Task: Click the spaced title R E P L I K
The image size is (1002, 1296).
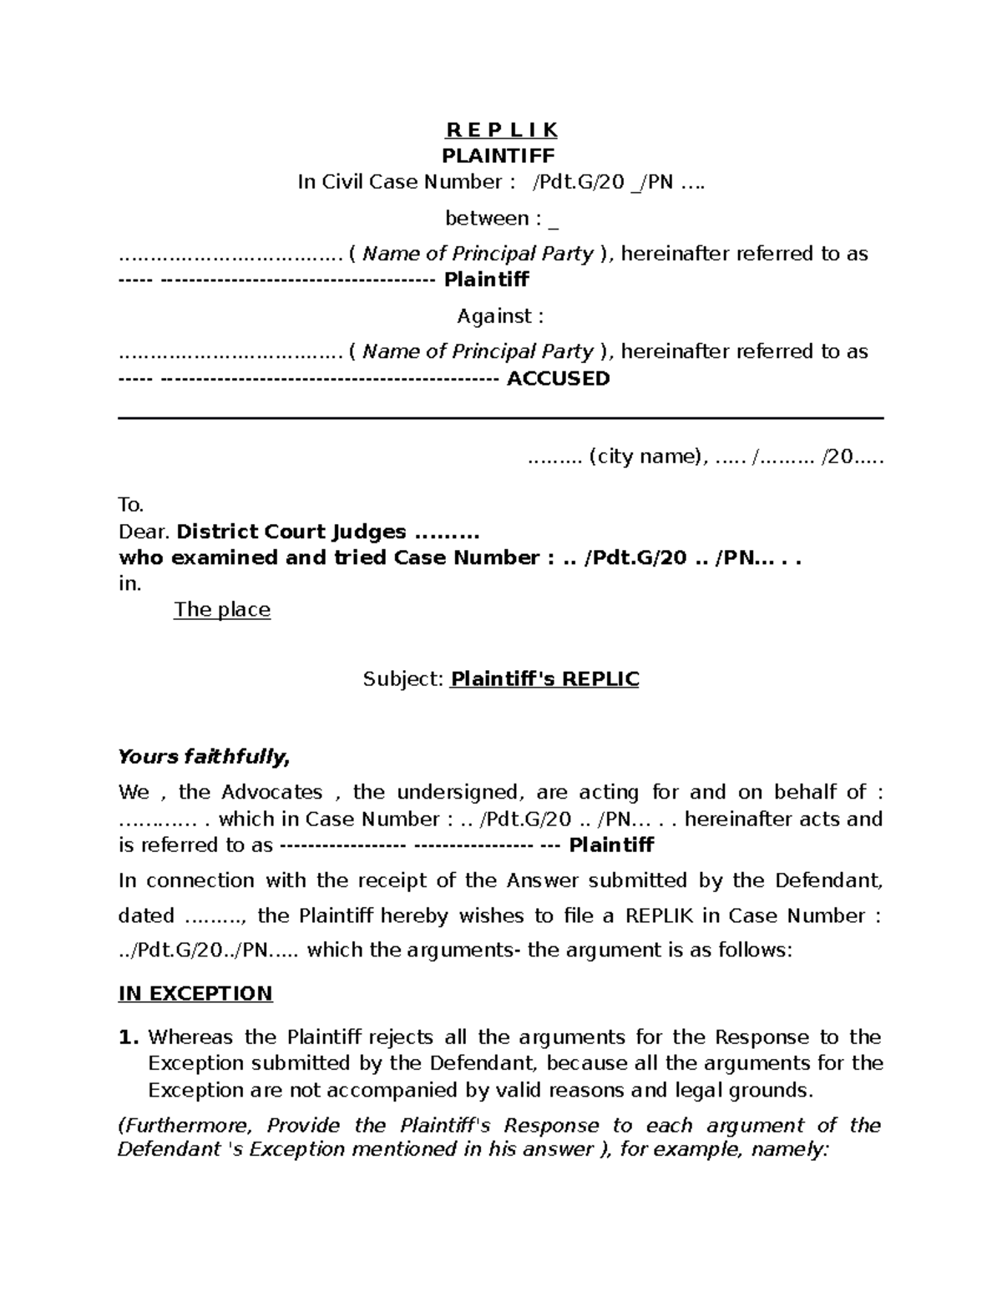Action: [x=501, y=130]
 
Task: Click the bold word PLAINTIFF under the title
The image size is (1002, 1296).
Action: [x=498, y=155]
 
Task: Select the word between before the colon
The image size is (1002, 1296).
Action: [x=487, y=219]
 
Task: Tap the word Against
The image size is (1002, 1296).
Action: [x=493, y=316]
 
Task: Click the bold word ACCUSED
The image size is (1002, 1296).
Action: [x=558, y=378]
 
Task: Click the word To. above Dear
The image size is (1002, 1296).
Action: [x=131, y=504]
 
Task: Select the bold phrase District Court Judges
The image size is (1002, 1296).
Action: [x=291, y=532]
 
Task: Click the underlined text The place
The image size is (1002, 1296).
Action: [x=222, y=609]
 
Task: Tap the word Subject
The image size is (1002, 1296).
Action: [x=401, y=679]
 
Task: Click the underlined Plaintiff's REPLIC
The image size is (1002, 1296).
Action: [x=544, y=679]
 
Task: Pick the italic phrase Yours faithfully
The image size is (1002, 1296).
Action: [x=204, y=757]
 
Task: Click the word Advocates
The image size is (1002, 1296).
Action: [x=272, y=792]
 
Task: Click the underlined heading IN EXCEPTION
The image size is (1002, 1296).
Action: [x=195, y=993]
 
